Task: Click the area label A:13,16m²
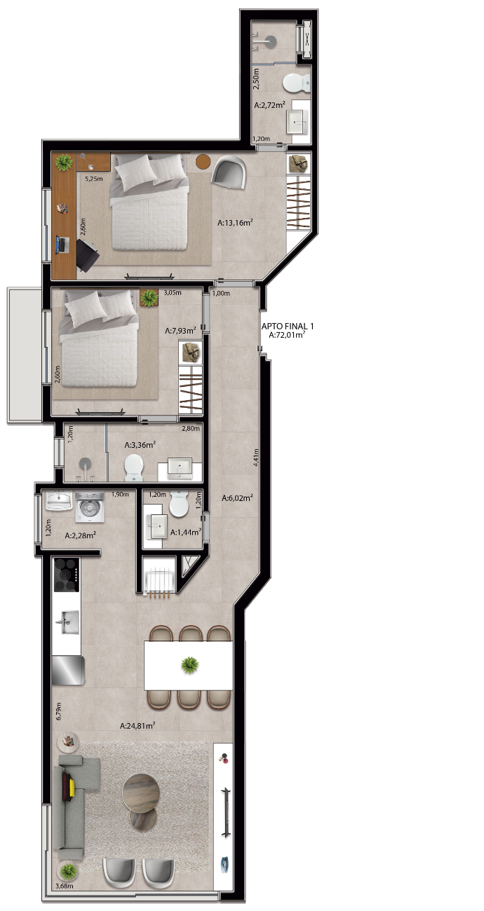point(235,222)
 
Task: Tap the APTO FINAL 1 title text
point(288,326)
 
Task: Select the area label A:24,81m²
point(137,725)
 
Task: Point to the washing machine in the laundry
point(90,507)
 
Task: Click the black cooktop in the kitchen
point(67,574)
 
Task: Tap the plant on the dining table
point(189,665)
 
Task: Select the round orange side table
point(203,162)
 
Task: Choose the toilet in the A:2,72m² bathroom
point(296,83)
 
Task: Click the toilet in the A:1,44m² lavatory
point(178,503)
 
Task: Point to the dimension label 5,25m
point(93,178)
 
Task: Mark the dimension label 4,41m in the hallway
point(255,457)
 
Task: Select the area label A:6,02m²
point(238,498)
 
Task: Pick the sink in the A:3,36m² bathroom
point(180,468)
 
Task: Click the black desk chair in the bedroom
point(87,254)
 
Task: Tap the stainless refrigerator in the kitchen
point(68,670)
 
